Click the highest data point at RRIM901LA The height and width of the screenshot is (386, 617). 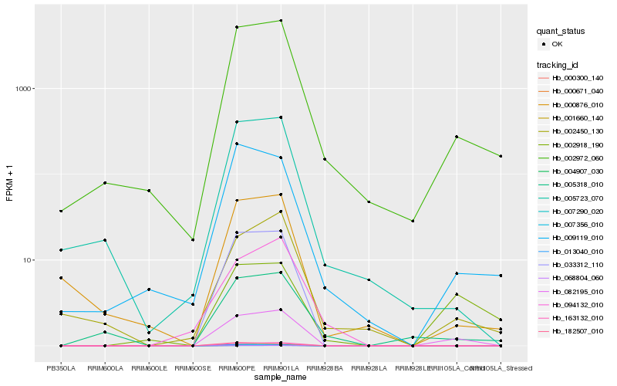coord(281,21)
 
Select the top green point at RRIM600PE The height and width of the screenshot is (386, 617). coord(237,27)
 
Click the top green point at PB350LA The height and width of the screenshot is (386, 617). coord(61,211)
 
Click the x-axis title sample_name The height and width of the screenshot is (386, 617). coord(281,378)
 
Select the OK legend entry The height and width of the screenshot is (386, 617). coord(566,44)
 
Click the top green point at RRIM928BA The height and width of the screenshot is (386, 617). coord(325,159)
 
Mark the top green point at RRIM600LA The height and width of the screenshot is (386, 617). coord(105,183)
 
